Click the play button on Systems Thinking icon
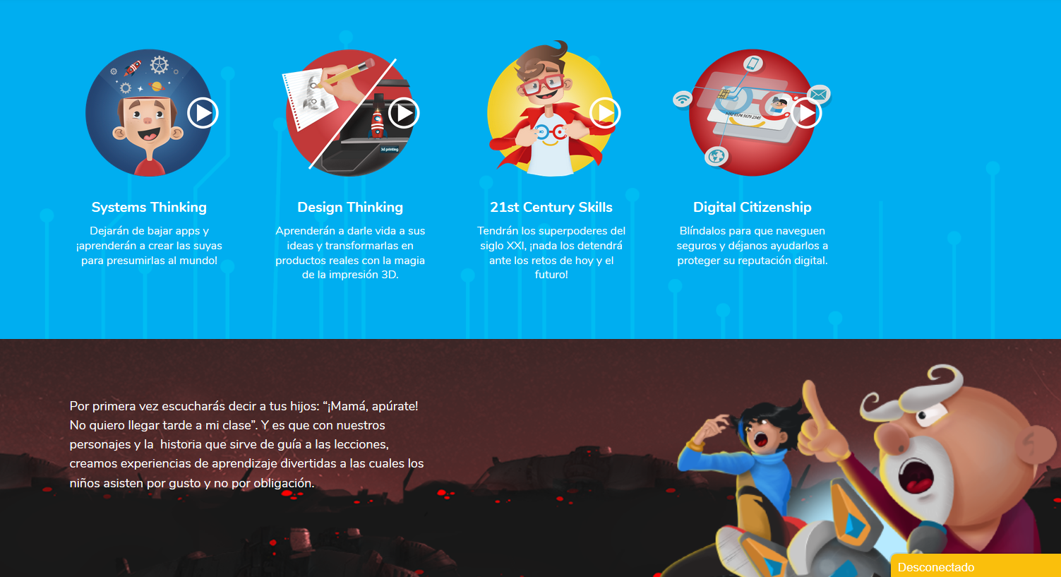pyautogui.click(x=203, y=113)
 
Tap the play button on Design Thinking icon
pyautogui.click(x=404, y=113)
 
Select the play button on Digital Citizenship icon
pyautogui.click(x=806, y=113)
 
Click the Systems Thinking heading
pyautogui.click(x=149, y=207)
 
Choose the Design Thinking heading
pyautogui.click(x=350, y=207)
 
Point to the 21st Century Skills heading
pyautogui.click(x=551, y=207)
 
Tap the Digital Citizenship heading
pyautogui.click(x=753, y=207)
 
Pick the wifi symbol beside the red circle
pyautogui.click(x=683, y=99)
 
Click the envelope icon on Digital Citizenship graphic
pyautogui.click(x=819, y=94)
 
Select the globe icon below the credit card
pyautogui.click(x=717, y=156)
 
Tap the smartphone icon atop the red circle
pyautogui.click(x=753, y=64)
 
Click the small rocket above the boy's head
pyautogui.click(x=133, y=68)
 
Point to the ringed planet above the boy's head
pyautogui.click(x=156, y=86)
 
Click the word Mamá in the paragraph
pyautogui.click(x=349, y=406)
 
